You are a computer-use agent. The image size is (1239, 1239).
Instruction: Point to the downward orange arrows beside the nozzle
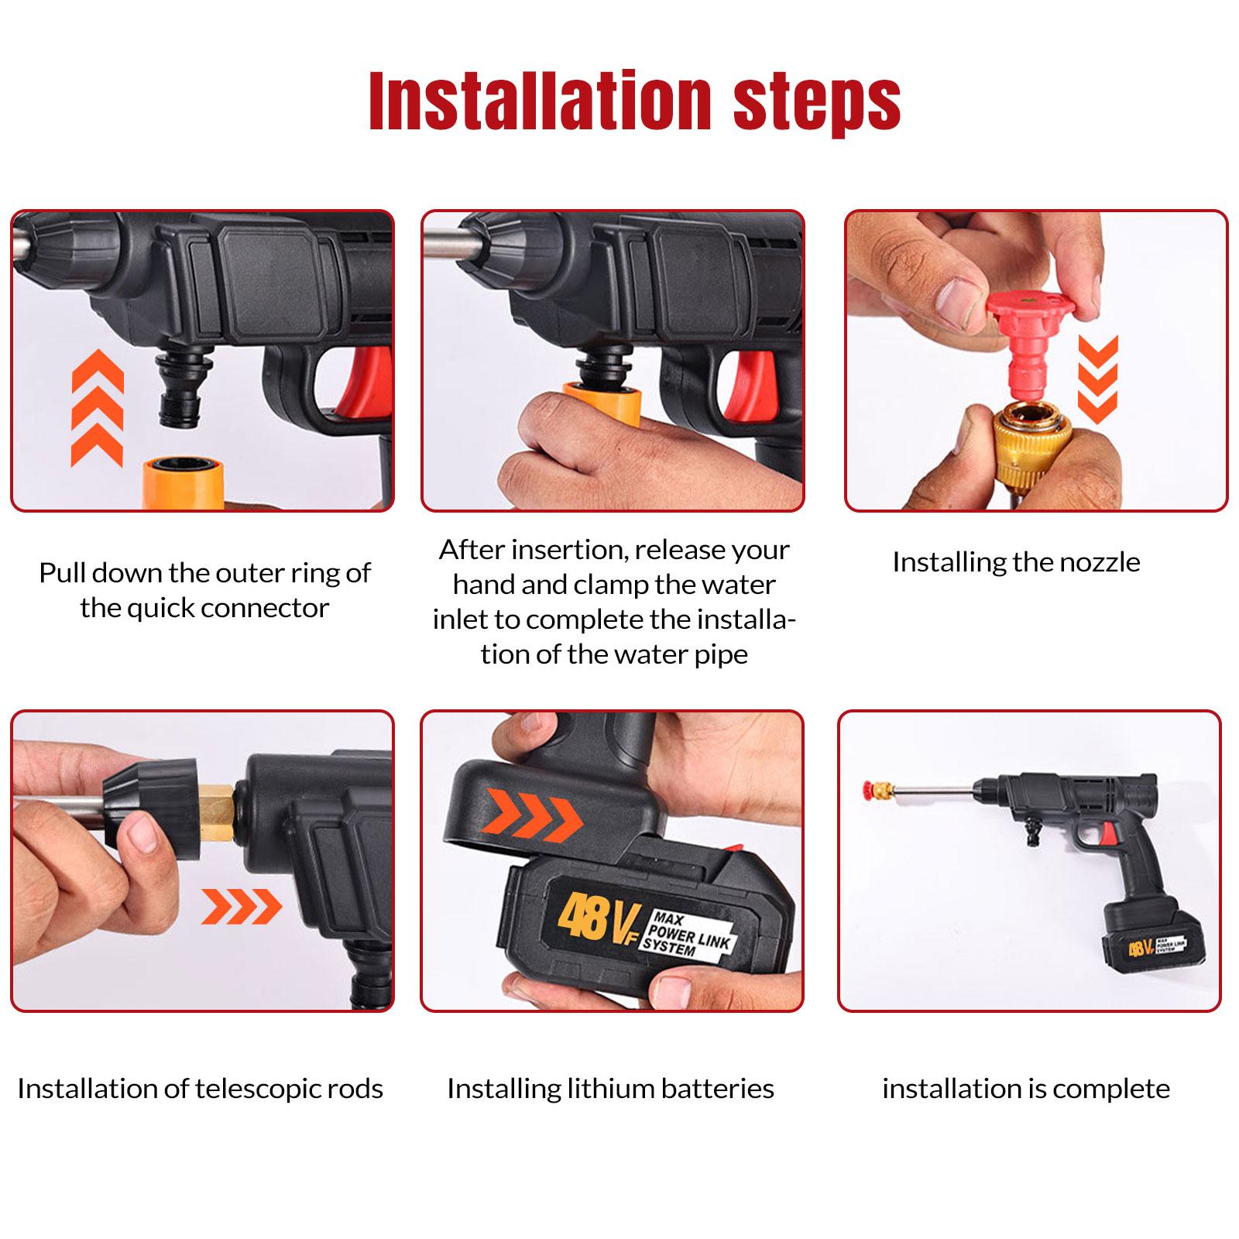point(1098,379)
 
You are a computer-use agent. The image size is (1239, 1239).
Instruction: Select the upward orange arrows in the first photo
point(97,407)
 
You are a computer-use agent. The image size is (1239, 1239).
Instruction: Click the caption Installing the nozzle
point(1016,562)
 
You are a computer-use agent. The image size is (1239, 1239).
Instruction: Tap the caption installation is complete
point(1026,1089)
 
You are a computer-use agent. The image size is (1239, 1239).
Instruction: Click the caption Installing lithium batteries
point(610,1089)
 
